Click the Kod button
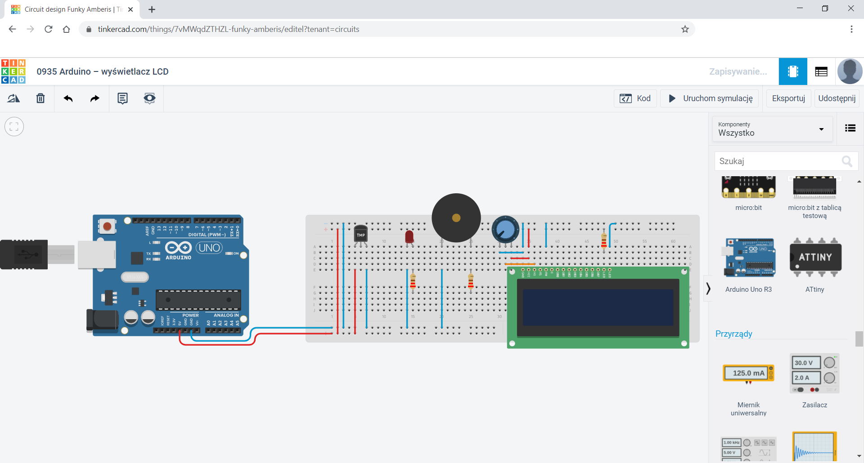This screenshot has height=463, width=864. coord(635,98)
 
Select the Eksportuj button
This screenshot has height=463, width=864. coord(788,98)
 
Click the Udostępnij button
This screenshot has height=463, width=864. coord(837,98)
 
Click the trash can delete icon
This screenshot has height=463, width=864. coord(40,98)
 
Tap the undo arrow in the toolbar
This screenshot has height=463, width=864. coord(68,98)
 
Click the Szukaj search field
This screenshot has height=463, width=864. coord(778,161)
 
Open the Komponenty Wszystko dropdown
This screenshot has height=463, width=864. coord(772,129)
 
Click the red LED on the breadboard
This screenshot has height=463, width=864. coord(409,236)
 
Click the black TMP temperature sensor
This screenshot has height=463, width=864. coord(360,234)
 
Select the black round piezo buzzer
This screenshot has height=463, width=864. coord(456,218)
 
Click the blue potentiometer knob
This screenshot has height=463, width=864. coord(505,230)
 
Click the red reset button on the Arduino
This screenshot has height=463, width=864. coord(107,226)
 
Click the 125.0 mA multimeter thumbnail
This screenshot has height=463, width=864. coord(748,373)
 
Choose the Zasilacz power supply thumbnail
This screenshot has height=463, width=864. coord(814,374)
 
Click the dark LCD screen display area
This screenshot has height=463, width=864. coord(598,307)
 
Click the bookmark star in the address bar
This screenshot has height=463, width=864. coord(685,29)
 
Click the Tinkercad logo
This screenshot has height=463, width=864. coord(13,71)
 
